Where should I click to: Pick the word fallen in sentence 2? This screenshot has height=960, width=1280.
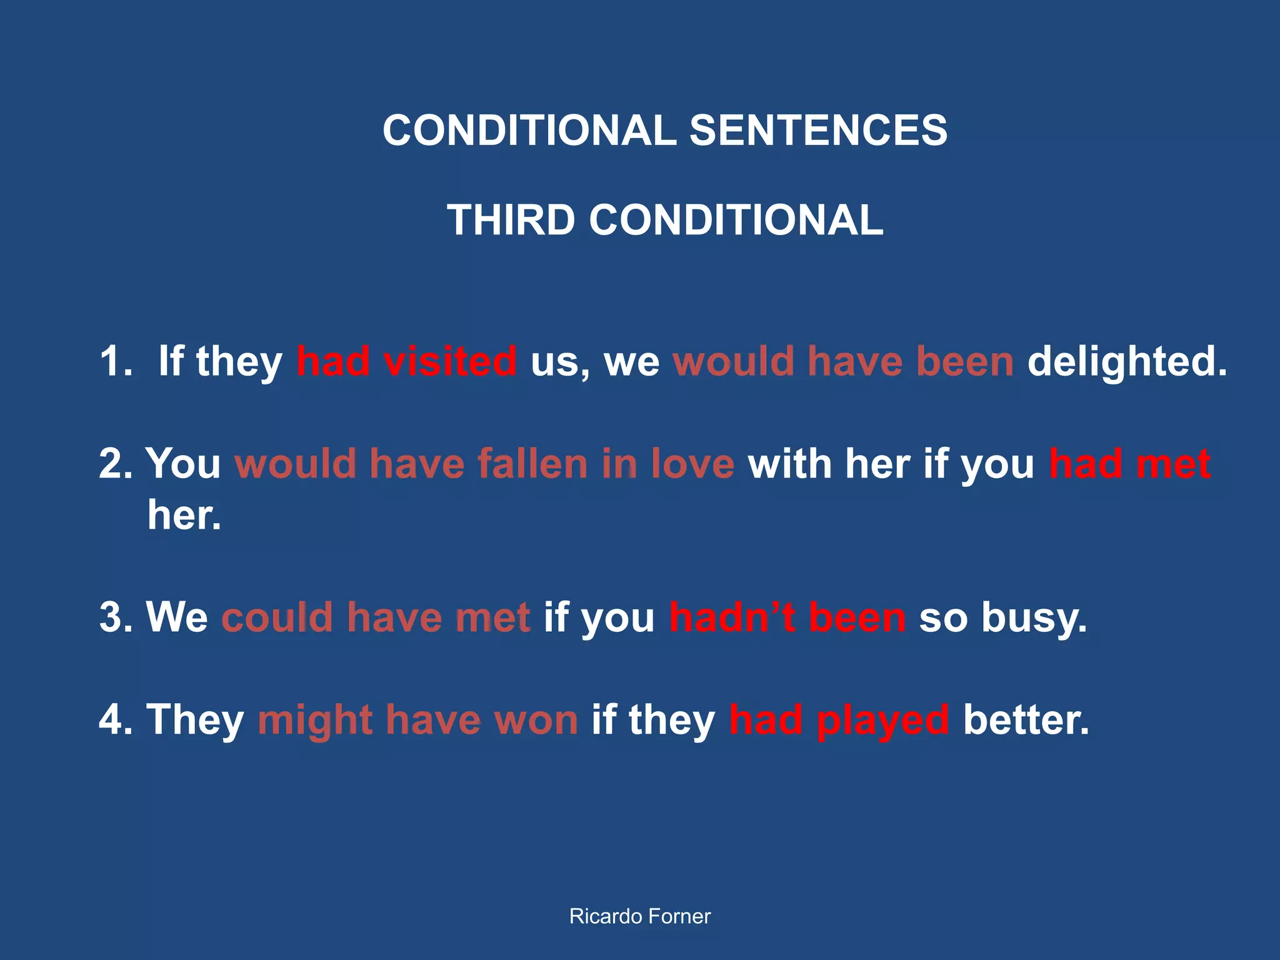click(533, 464)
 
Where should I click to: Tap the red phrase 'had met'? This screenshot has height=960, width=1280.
click(1130, 464)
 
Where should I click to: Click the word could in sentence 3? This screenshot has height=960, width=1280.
click(277, 617)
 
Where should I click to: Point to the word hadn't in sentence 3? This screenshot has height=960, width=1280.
click(732, 617)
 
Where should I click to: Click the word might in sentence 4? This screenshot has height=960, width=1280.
click(315, 721)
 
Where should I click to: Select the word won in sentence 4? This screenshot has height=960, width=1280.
click(536, 721)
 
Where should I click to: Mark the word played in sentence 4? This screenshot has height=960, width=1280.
click(882, 721)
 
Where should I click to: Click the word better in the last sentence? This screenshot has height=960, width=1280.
click(1026, 719)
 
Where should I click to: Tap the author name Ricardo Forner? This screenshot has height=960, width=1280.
click(640, 916)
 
